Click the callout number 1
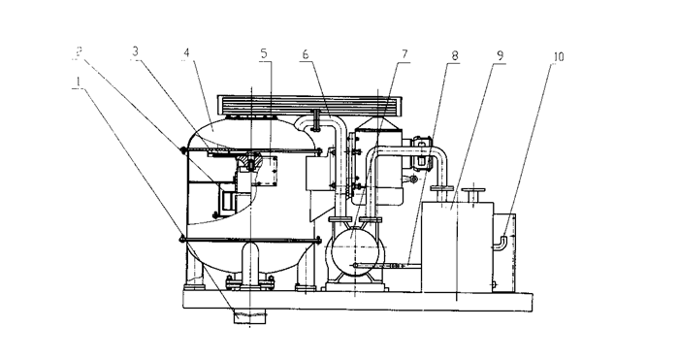pos(78,82)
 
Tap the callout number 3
pos(136,51)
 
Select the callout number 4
pos(187,52)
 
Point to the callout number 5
pos(264,53)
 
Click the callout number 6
pos(306,54)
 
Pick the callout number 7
pos(404,54)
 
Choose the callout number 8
pos(455,56)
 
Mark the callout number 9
pos(501,56)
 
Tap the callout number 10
pos(558,56)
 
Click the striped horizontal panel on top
pos(309,105)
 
